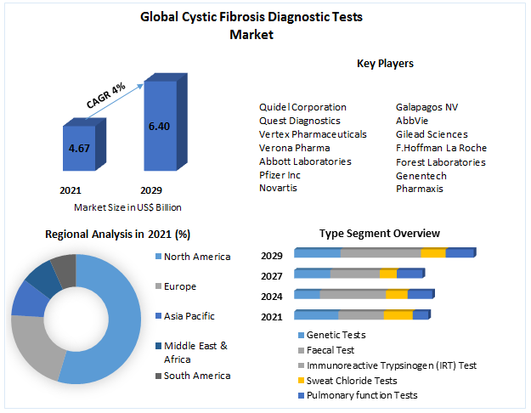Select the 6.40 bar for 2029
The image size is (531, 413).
click(159, 126)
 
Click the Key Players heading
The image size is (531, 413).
click(385, 63)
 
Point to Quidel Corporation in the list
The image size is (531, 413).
click(302, 107)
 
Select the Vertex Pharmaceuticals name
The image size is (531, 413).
click(313, 134)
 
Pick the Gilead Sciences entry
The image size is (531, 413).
click(432, 134)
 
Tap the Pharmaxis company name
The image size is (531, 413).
click(420, 189)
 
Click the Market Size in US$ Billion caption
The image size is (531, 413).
click(127, 207)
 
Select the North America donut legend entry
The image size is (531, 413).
click(197, 257)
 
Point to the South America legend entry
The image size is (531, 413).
click(197, 376)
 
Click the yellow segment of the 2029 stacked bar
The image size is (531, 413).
click(432, 253)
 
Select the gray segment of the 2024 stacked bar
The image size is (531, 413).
click(353, 294)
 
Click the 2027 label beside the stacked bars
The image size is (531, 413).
click(272, 274)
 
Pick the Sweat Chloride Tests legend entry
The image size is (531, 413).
click(351, 381)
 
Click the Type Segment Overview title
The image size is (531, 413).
click(380, 233)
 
